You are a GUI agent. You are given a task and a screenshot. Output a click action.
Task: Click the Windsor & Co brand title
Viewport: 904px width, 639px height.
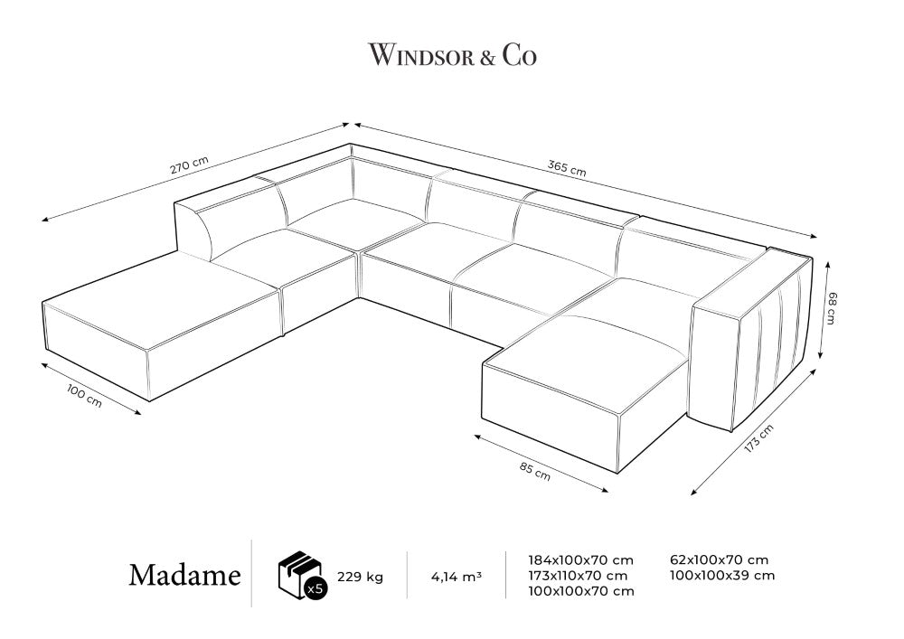453,55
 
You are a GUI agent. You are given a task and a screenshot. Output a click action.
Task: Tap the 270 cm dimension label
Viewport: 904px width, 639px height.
189,164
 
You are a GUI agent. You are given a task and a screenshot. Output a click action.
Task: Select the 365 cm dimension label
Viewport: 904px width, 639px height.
567,168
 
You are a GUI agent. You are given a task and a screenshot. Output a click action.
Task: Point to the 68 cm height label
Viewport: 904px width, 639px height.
830,308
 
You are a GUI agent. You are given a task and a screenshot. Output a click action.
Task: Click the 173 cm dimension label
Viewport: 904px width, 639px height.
758,437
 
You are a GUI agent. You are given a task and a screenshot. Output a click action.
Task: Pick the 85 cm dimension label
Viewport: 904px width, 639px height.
535,471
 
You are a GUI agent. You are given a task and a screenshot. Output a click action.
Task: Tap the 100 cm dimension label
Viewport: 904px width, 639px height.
84,397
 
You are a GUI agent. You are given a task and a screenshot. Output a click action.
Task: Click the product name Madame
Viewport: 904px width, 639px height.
184,575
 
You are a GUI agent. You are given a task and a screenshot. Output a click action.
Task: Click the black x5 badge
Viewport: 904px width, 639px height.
315,587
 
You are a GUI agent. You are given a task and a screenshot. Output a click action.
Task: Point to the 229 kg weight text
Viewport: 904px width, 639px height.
361,577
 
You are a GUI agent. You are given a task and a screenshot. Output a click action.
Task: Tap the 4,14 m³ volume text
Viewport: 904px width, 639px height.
457,576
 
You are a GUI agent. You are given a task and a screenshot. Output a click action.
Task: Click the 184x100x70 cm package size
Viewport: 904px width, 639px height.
581,559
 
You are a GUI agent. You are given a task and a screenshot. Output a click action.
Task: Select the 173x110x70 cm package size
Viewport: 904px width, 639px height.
579,575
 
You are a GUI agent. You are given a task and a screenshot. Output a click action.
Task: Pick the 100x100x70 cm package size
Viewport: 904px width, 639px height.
581,590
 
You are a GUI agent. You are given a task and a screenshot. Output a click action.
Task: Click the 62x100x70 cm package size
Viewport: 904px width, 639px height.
719,559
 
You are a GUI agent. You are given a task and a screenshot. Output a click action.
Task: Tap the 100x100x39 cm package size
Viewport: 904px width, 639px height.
722,575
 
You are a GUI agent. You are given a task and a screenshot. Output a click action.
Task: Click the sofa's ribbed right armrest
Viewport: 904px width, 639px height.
752,340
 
